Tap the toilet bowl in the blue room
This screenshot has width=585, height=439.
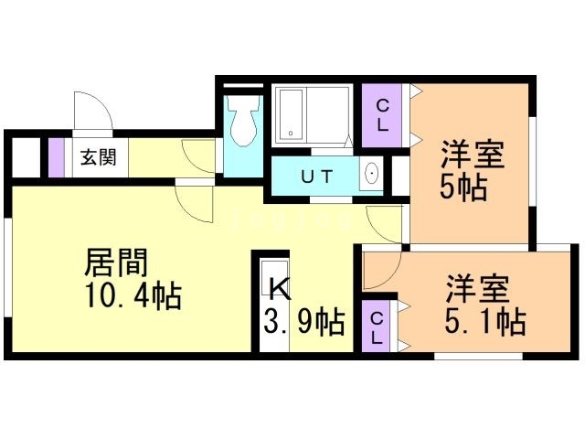click(x=244, y=126)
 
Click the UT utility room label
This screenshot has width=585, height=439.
click(x=317, y=175)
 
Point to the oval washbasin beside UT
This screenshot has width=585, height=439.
click(x=372, y=174)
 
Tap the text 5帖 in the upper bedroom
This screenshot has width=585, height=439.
click(x=463, y=188)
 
